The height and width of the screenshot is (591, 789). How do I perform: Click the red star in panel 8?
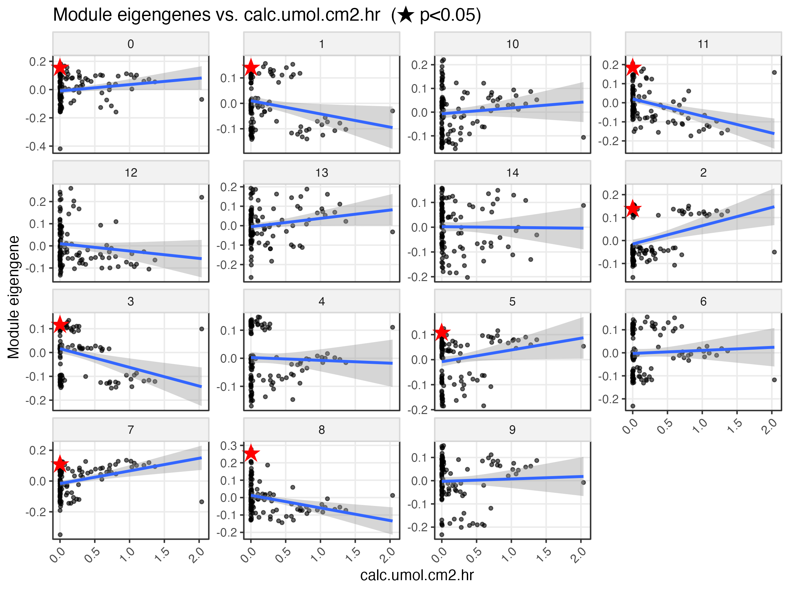(x=251, y=453)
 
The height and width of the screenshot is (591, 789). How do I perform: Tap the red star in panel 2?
(x=633, y=208)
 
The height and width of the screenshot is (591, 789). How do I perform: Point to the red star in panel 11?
(x=633, y=67)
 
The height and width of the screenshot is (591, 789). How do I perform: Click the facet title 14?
(x=512, y=173)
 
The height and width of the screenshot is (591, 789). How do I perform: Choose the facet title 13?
(x=322, y=173)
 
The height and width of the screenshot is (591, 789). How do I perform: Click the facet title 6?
(x=703, y=301)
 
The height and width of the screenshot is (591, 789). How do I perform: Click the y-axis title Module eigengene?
(x=13, y=297)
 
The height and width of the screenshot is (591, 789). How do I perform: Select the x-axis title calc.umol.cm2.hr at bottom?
(x=417, y=575)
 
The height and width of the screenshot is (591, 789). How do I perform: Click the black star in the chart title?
(x=406, y=15)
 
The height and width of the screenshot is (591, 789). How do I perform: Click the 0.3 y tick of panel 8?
(x=228, y=446)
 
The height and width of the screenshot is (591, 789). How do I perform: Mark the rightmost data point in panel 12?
(x=202, y=197)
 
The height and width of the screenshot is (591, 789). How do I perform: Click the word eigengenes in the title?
(x=164, y=15)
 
